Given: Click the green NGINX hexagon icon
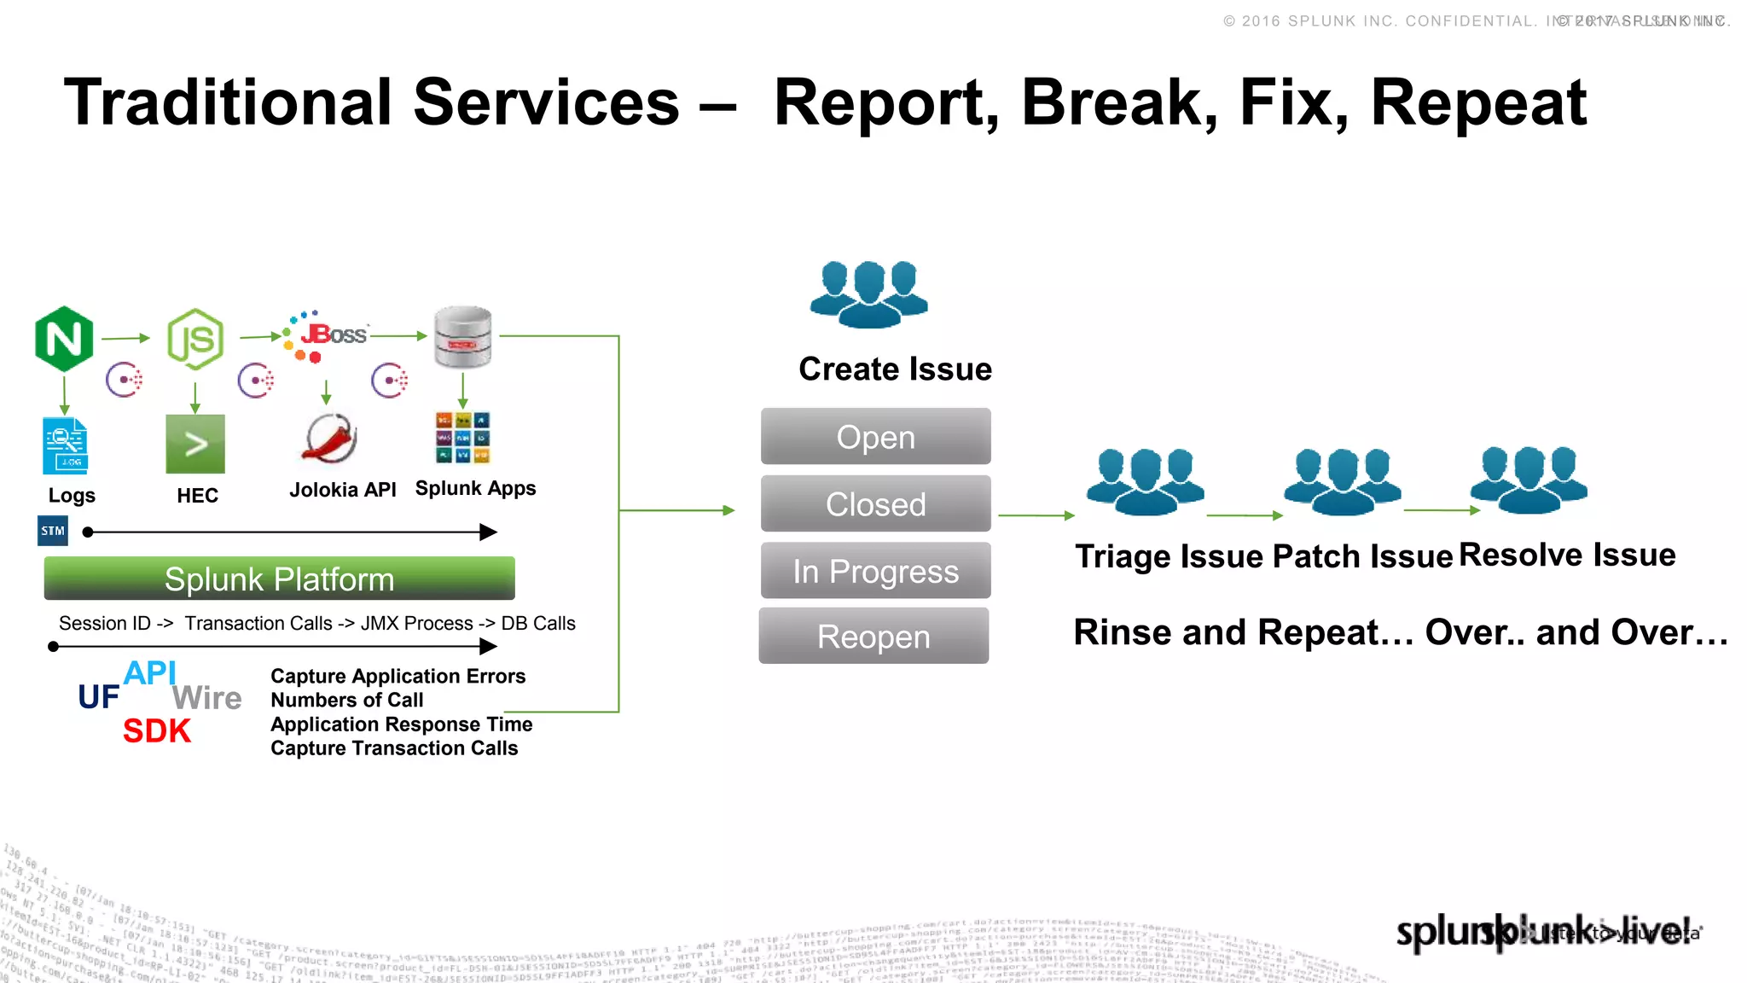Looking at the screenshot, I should pos(64,339).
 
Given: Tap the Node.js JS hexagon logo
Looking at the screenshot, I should pos(195,340).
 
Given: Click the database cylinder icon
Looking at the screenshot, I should pos(462,338).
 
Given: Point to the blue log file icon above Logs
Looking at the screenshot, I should pos(65,445).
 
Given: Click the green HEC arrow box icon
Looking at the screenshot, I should pos(195,444).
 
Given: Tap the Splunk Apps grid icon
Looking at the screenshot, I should pos(462,438).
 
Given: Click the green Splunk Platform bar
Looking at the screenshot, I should pos(279,579).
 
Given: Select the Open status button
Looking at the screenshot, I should pos(875,437).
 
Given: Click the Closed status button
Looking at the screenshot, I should pos(875,504).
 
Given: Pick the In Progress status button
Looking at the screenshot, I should pos(875,571).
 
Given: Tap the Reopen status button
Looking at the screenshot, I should pos(873,637).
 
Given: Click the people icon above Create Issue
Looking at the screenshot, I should pos(868,294).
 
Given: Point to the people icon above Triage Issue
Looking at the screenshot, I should pos(1145,482).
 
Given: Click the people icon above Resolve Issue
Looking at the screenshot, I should pos(1529,480).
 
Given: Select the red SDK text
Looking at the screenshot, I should pos(157,731).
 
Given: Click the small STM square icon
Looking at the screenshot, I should pos(53,531).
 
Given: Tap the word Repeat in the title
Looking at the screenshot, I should pos(1478,103).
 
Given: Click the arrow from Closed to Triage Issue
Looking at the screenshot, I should pos(1036,515).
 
